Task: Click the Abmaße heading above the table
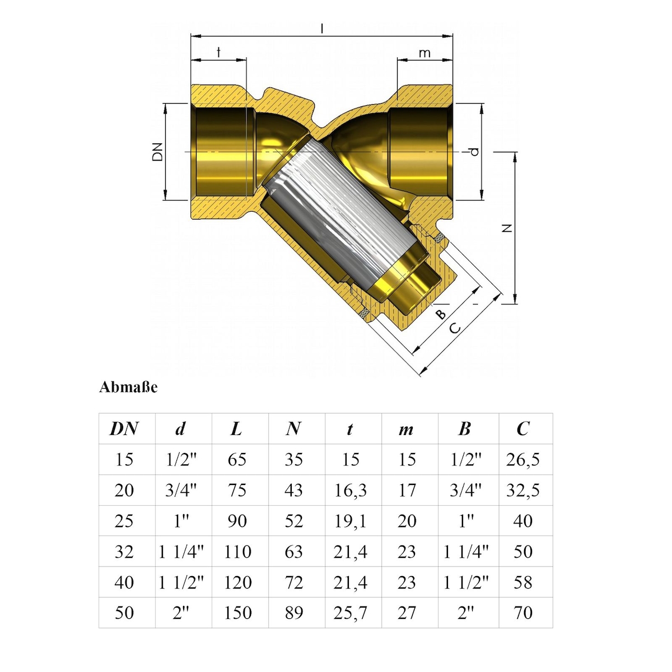pos(128,388)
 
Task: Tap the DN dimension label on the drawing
pos(157,152)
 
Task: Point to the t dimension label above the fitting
pos(218,52)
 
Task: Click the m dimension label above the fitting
pos(424,53)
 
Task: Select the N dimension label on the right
pos(507,228)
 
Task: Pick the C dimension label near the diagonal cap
pos(455,328)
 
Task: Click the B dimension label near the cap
pos(441,314)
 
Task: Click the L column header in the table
pos(236,429)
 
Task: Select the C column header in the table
pos(522,428)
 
